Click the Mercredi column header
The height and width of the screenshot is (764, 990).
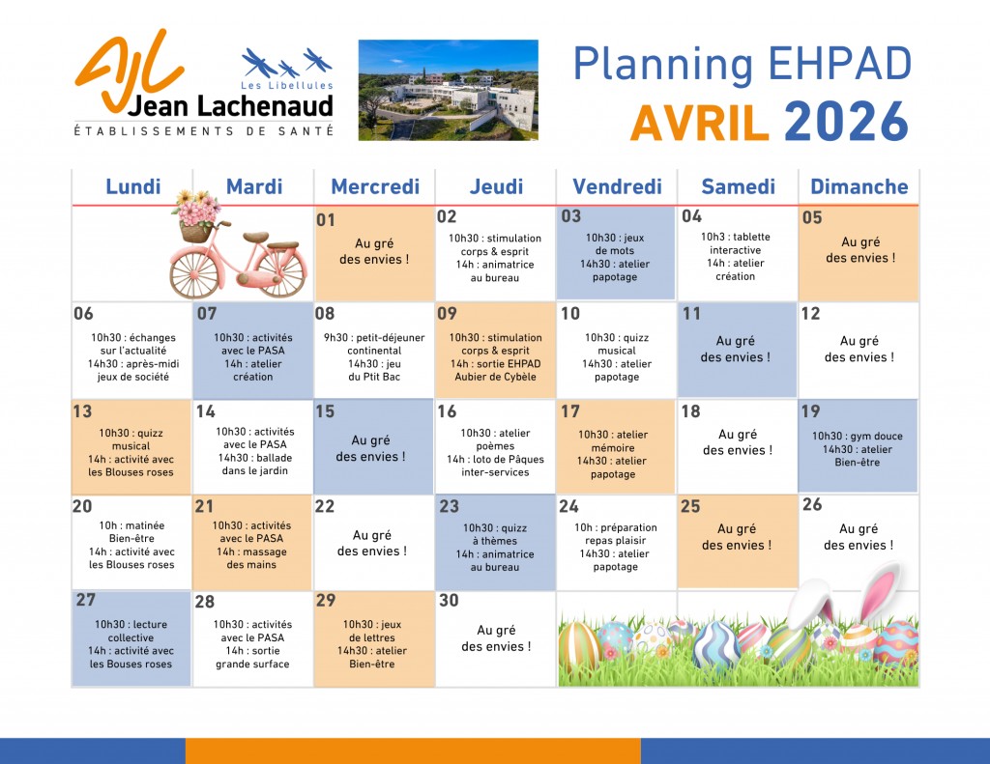point(375,186)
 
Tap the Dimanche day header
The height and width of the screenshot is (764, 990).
point(859,186)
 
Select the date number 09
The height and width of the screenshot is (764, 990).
point(447,314)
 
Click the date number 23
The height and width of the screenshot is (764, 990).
point(449,507)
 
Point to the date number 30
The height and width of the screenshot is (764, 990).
point(449,601)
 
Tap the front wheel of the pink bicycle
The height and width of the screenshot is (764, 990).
point(195,273)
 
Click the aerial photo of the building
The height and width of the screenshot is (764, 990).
point(449,90)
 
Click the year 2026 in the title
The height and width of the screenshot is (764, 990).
point(847,122)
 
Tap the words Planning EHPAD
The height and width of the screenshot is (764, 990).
point(742,66)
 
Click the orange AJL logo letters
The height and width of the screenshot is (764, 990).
point(129,68)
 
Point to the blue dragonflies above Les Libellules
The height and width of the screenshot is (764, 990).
point(287,63)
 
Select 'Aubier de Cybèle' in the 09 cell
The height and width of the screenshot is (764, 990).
point(496,378)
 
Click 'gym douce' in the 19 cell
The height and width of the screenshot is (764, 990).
point(876,436)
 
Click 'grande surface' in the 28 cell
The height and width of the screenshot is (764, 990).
point(252,665)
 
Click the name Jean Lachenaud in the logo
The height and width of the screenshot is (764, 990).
point(230,106)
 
